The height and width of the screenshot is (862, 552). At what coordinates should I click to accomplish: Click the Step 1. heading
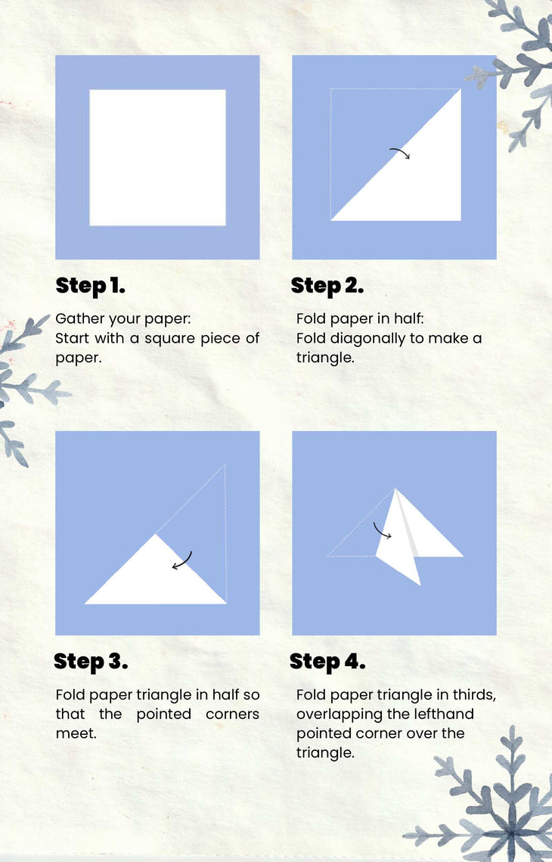tap(90, 285)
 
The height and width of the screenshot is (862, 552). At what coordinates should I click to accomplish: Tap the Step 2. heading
tap(327, 285)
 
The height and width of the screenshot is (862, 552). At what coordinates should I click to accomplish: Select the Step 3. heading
tap(91, 662)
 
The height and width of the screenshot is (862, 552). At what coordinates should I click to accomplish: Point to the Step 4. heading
tap(327, 662)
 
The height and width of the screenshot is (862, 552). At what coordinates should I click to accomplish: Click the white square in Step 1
tap(158, 158)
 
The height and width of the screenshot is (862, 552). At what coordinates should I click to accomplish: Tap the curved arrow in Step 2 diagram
tap(401, 152)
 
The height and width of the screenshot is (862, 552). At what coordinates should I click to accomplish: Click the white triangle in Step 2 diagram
tap(418, 176)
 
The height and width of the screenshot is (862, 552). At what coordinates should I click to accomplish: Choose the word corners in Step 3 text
tap(233, 715)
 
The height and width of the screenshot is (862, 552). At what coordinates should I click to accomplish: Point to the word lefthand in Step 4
tap(444, 714)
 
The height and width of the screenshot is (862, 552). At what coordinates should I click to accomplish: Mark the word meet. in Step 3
tap(76, 733)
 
